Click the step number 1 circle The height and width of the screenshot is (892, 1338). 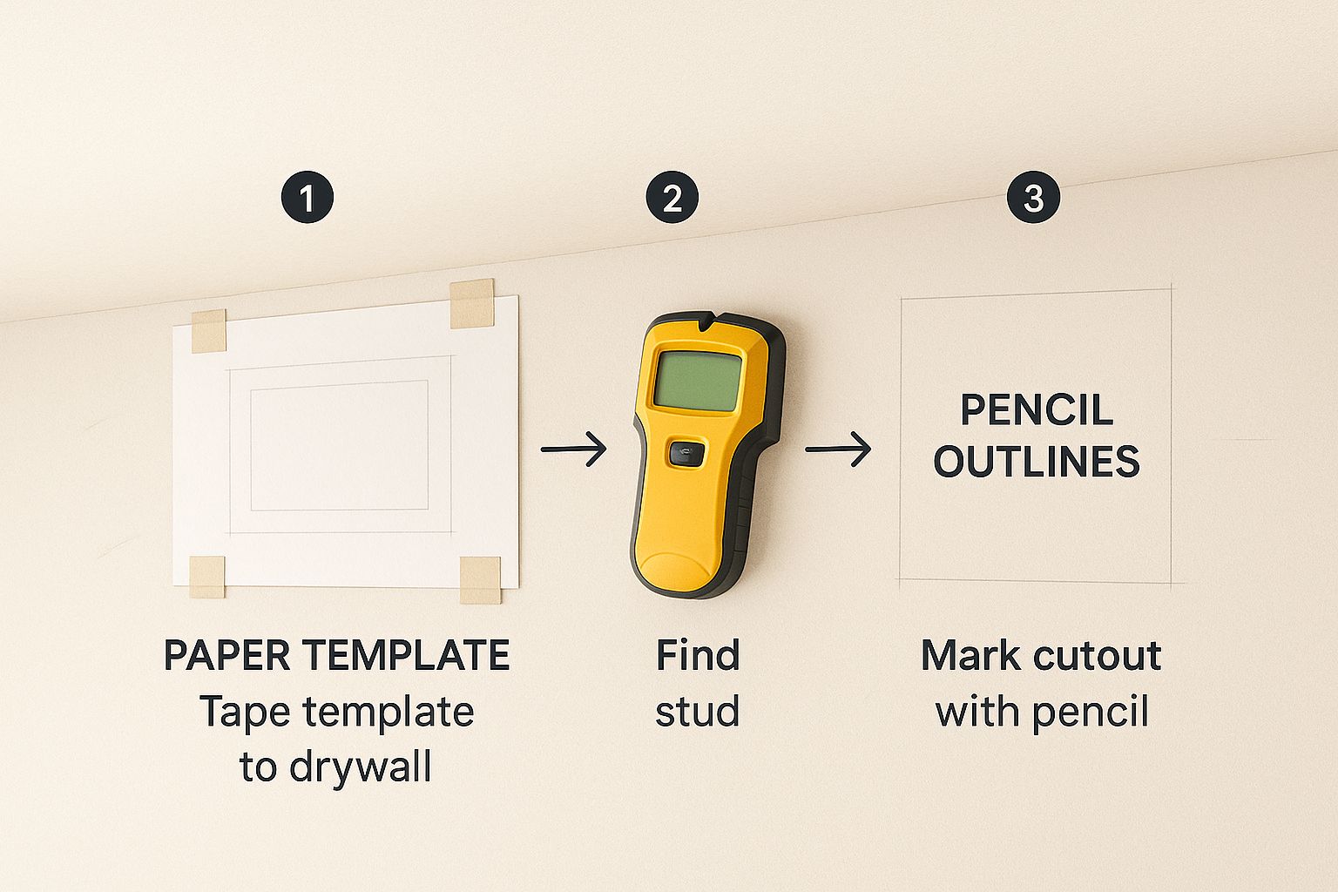click(x=307, y=198)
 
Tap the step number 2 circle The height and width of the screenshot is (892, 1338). click(x=672, y=198)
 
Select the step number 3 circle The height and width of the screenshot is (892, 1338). click(x=1033, y=198)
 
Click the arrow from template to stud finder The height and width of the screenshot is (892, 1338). click(x=573, y=449)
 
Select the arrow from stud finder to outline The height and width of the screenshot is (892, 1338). click(x=837, y=449)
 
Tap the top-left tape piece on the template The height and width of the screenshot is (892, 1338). click(x=209, y=330)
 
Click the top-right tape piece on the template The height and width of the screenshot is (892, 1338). click(x=472, y=304)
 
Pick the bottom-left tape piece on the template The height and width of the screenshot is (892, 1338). click(x=207, y=576)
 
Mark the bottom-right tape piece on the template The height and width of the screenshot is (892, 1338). click(x=480, y=578)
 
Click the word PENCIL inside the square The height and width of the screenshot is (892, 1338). click(x=1037, y=410)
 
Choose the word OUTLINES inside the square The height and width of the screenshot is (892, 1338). click(x=1037, y=462)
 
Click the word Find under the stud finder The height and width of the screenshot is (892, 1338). click(x=698, y=656)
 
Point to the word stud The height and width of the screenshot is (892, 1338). click(x=698, y=712)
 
